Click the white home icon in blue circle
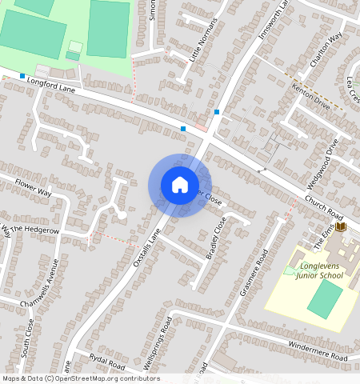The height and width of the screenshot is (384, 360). click(180, 185)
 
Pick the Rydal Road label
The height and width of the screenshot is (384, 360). click(107, 361)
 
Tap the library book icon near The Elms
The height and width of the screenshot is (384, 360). click(342, 228)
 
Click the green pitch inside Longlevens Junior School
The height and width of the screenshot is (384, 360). click(324, 298)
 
